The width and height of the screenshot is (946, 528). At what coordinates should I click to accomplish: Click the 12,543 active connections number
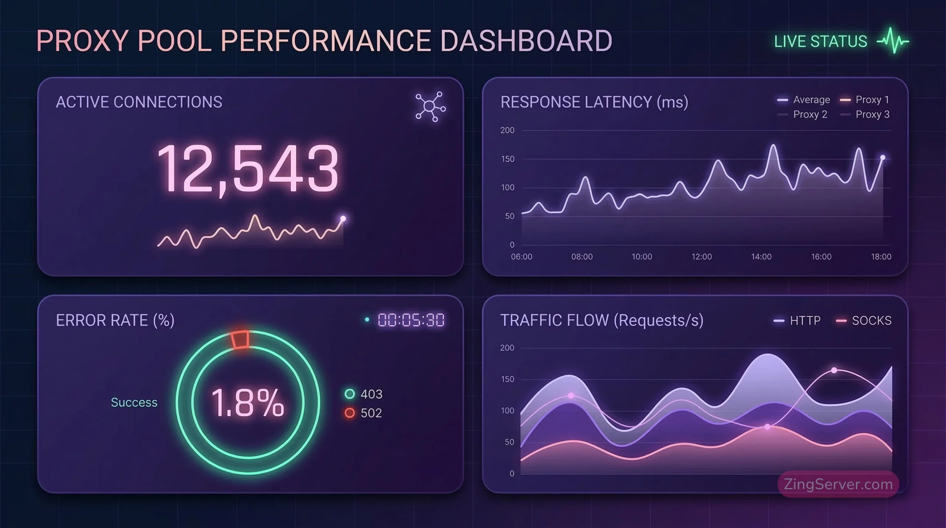pos(248,169)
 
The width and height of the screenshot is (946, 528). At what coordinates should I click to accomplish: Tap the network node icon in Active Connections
pos(430,106)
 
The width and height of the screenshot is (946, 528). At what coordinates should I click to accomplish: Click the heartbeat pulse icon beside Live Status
pos(893,41)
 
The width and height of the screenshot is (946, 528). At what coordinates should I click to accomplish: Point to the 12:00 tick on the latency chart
pos(701,257)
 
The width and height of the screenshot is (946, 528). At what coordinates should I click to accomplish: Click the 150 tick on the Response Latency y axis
pos(507,159)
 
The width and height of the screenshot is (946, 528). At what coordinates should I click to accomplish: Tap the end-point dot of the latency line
pos(883,158)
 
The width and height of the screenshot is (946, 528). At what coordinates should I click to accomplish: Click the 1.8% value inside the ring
pos(248,402)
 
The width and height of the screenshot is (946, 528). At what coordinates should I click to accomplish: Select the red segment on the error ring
pos(240,339)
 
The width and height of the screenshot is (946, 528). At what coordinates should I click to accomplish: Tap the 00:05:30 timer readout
pos(411,320)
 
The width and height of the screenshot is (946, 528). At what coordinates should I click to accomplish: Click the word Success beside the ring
pos(134,402)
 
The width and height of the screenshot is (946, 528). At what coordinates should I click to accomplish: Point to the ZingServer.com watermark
pos(838,484)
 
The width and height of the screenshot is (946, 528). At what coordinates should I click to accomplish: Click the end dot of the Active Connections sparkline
pos(343,219)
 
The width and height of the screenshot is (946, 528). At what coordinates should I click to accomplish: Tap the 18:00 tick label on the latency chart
pos(881,257)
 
